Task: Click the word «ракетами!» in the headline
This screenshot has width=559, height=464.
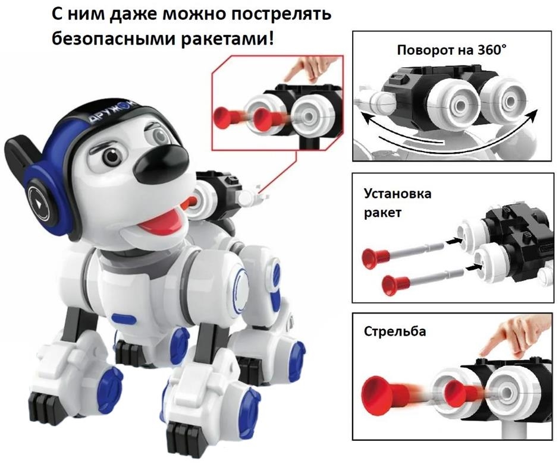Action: [227, 39]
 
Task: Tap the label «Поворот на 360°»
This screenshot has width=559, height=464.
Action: [452, 50]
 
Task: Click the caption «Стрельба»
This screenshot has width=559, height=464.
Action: [395, 332]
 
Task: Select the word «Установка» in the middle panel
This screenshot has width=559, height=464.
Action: [397, 194]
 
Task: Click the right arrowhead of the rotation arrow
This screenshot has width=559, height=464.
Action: [533, 115]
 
